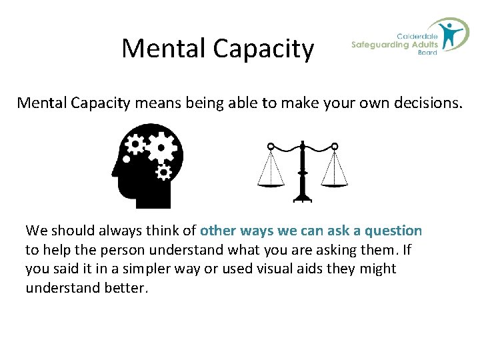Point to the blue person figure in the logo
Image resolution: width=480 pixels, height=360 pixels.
tap(454, 34)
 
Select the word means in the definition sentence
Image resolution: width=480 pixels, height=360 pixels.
tap(156, 103)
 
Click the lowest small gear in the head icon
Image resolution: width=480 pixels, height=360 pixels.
tap(163, 172)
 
